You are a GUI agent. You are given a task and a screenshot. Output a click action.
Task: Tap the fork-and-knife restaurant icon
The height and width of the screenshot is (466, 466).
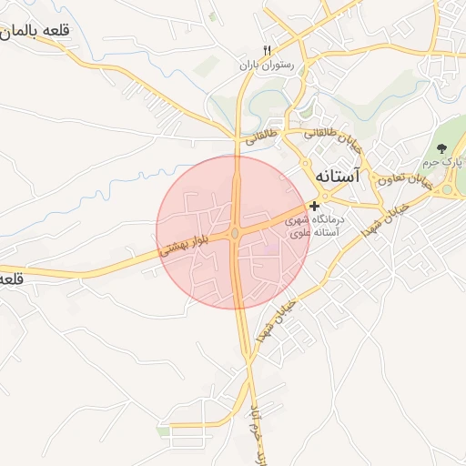pos(267,51)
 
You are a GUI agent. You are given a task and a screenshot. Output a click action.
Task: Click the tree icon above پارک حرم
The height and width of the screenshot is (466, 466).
pos(441,148)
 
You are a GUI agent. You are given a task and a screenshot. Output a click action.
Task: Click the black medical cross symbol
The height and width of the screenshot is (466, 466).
pos(314,207)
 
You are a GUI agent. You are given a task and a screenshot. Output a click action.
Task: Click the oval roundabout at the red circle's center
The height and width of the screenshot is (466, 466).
pos(235,234)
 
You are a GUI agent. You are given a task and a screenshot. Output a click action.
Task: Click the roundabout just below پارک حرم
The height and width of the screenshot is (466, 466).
pos(447,190)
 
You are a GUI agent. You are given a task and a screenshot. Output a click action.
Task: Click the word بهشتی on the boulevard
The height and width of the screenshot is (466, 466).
pos(177,246)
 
